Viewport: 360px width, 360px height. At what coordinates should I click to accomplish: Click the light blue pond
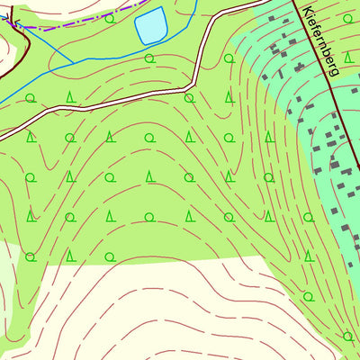click(150, 25)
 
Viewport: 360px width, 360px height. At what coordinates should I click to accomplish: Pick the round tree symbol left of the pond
click(110, 18)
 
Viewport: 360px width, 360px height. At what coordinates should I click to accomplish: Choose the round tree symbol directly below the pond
click(149, 58)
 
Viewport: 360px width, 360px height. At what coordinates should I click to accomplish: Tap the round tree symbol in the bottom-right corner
click(347, 336)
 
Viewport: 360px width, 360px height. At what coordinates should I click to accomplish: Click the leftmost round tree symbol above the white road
click(31, 97)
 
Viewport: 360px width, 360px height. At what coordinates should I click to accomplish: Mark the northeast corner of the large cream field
click(266, 258)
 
